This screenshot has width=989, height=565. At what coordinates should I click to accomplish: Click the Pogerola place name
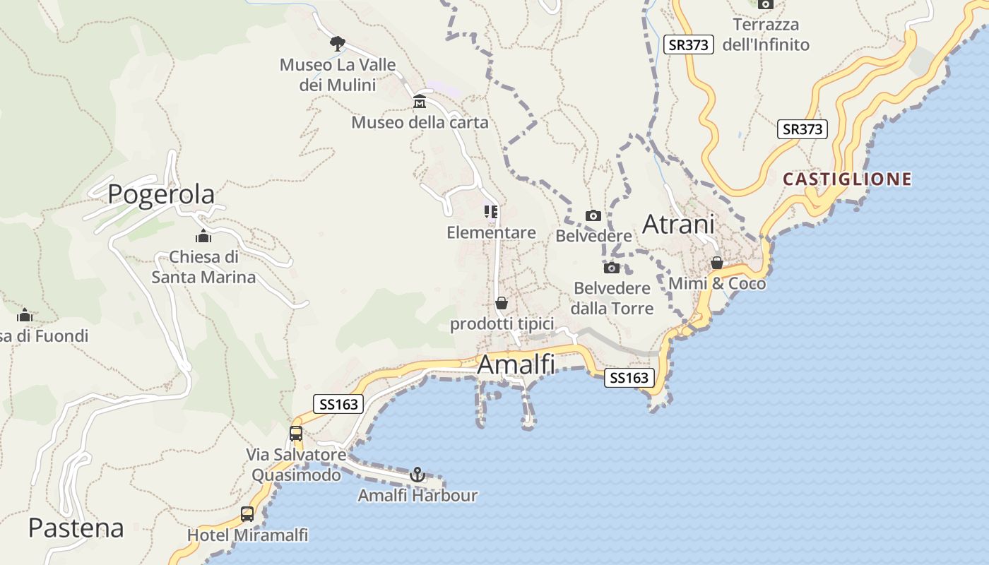[161, 194]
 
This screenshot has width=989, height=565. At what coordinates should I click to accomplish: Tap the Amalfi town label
[516, 364]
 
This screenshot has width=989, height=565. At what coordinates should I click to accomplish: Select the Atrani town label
[678, 225]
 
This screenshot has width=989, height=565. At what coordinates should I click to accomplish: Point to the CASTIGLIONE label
[847, 179]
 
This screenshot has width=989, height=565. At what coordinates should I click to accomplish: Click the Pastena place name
[76, 528]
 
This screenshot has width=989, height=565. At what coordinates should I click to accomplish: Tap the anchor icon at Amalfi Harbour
[417, 474]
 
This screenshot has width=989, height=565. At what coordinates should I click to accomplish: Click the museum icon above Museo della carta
[420, 101]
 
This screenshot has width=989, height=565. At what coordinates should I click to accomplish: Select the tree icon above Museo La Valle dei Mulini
[338, 43]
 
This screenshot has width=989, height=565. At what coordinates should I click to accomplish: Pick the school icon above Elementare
[491, 211]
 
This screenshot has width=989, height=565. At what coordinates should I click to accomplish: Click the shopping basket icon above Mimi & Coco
[717, 263]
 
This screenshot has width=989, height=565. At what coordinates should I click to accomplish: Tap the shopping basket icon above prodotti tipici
[502, 303]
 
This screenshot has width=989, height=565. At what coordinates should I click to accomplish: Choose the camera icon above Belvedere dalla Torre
[612, 268]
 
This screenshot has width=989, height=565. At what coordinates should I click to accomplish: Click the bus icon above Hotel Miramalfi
[247, 514]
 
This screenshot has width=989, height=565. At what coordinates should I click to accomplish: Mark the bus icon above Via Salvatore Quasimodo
[296, 434]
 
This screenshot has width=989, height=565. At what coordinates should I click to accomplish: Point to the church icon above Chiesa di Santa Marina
[203, 236]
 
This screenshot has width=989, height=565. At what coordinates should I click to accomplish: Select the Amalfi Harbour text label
[417, 496]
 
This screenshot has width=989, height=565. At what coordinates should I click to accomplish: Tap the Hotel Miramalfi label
[247, 535]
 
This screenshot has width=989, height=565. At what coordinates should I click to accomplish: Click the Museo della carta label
[420, 122]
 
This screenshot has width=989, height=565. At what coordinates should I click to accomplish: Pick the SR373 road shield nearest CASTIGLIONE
[803, 130]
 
